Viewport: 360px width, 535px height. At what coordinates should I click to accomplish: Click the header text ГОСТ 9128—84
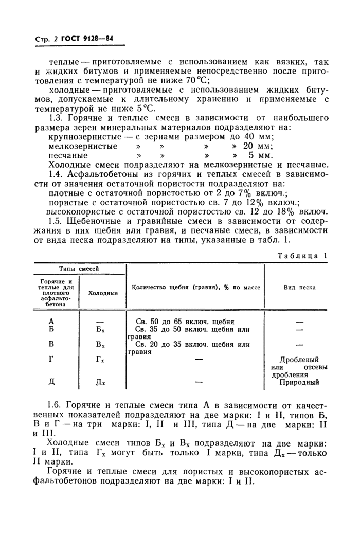coord(87,37)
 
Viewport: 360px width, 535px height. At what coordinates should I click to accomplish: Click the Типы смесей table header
coord(79,268)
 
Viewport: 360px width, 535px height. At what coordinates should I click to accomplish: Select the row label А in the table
coord(50,321)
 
